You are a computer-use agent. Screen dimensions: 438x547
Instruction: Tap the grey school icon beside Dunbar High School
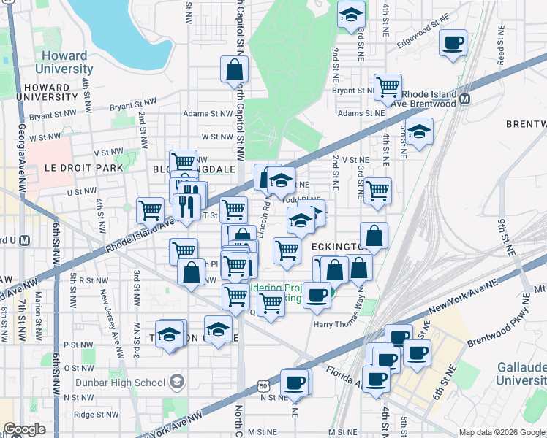pos(176,381)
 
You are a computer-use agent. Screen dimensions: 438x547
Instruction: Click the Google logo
pos(24,429)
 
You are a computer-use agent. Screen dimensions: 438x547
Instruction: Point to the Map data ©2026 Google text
pos(502,432)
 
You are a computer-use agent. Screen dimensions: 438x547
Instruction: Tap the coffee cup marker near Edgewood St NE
pos(453,42)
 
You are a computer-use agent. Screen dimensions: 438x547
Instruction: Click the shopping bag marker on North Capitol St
pos(235,72)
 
